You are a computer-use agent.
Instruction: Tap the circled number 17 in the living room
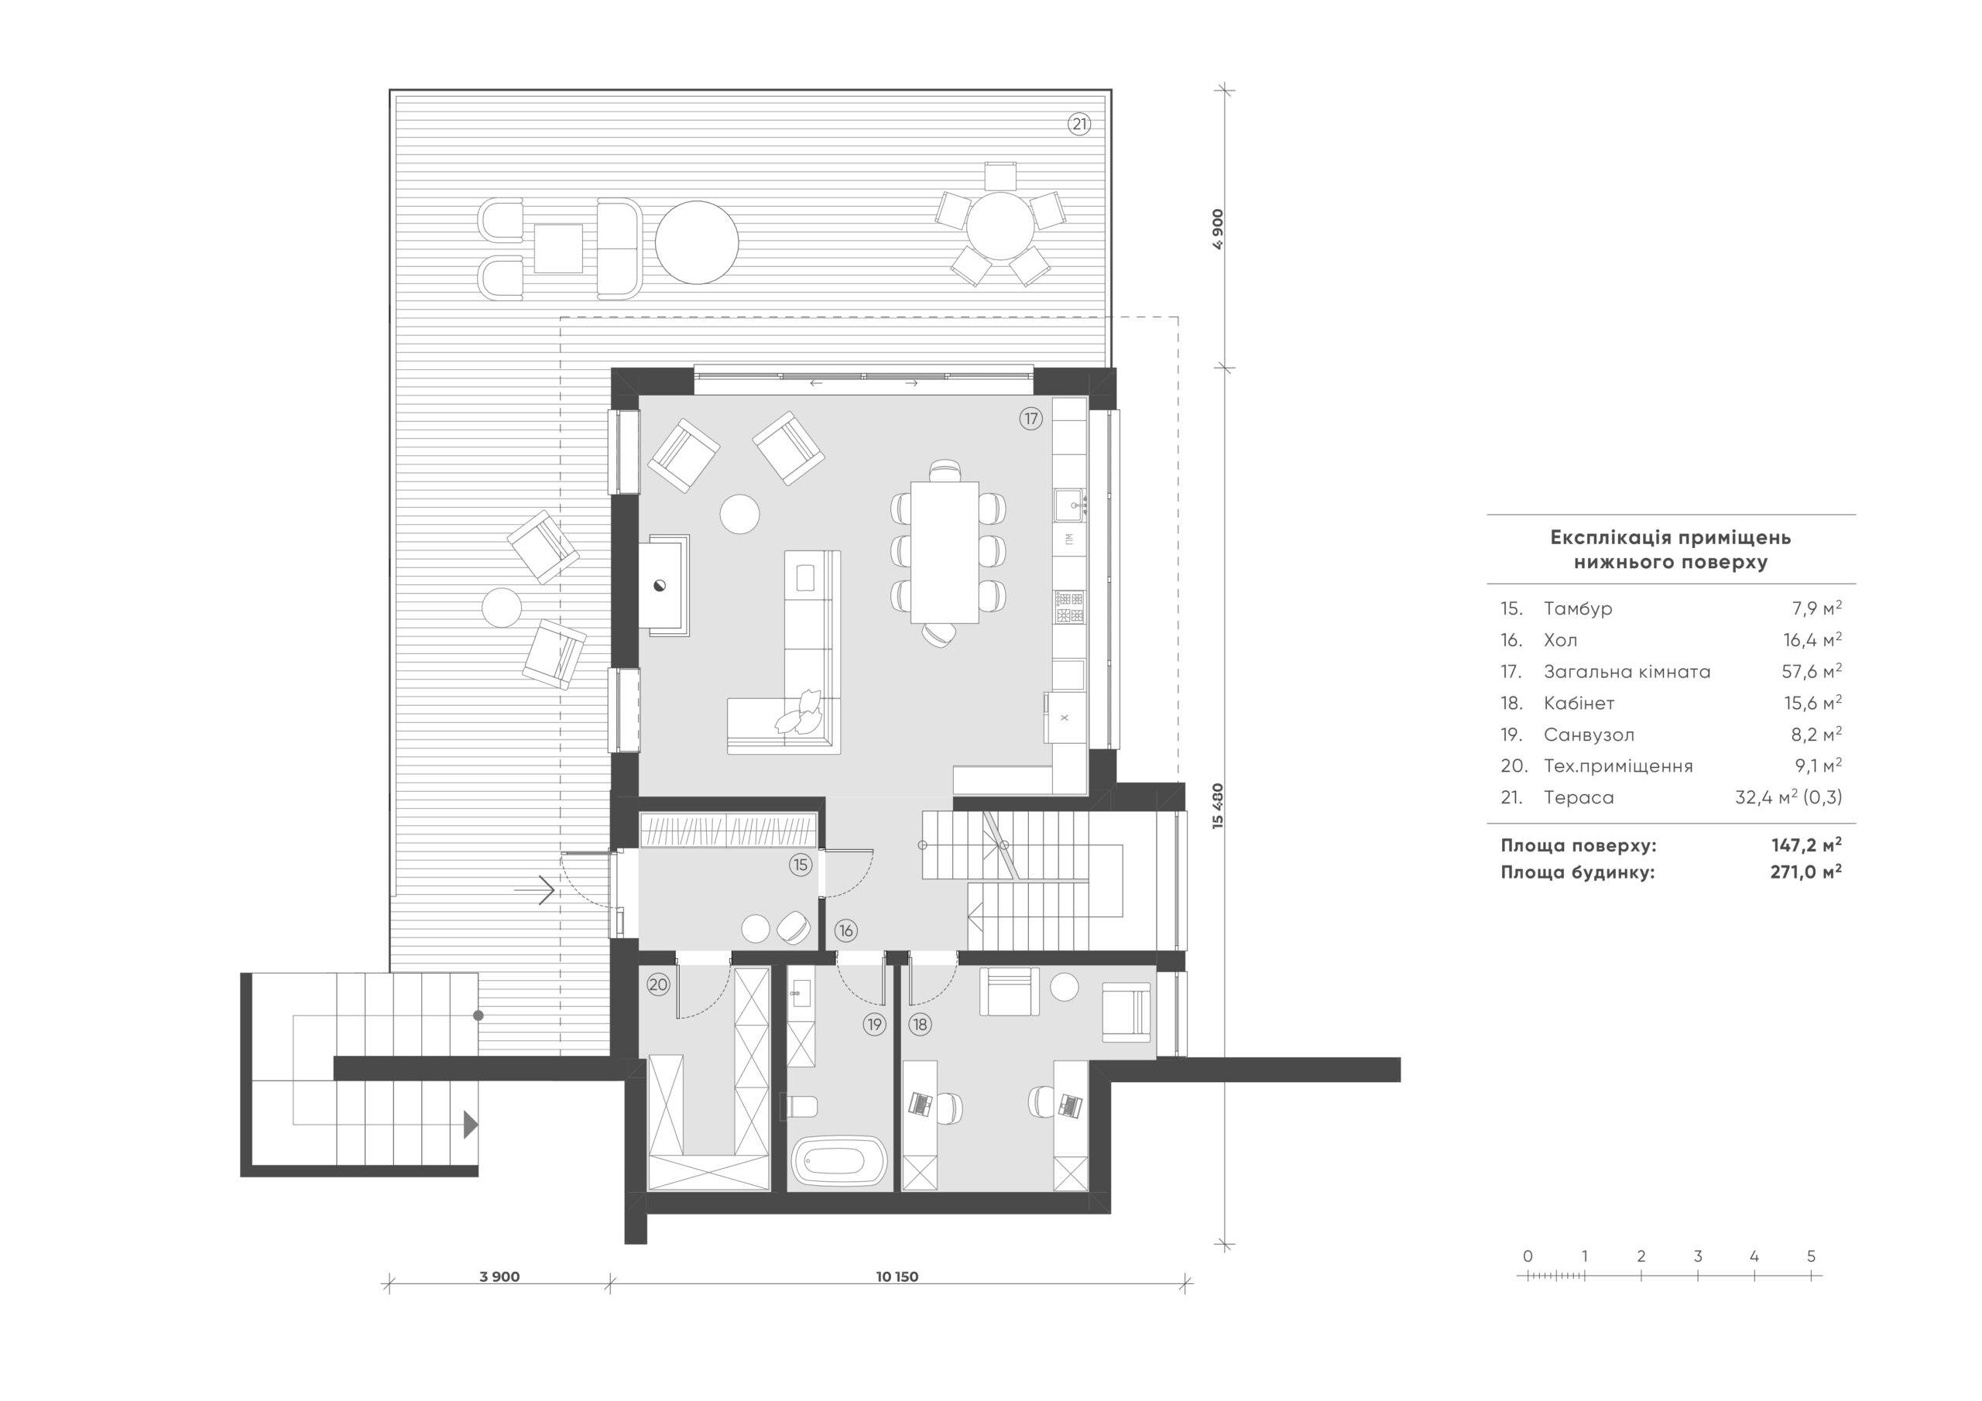tap(1030, 419)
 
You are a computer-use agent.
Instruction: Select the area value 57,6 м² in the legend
tap(1812, 671)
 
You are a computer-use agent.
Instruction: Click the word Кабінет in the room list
tap(1579, 703)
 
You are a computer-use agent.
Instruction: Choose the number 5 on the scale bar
tap(1811, 1257)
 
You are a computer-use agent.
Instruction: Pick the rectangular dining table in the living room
tap(944, 551)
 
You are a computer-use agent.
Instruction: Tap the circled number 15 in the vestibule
tap(801, 864)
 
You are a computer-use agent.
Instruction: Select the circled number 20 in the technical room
tap(659, 984)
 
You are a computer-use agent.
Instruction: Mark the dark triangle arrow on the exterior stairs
tap(470, 1123)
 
